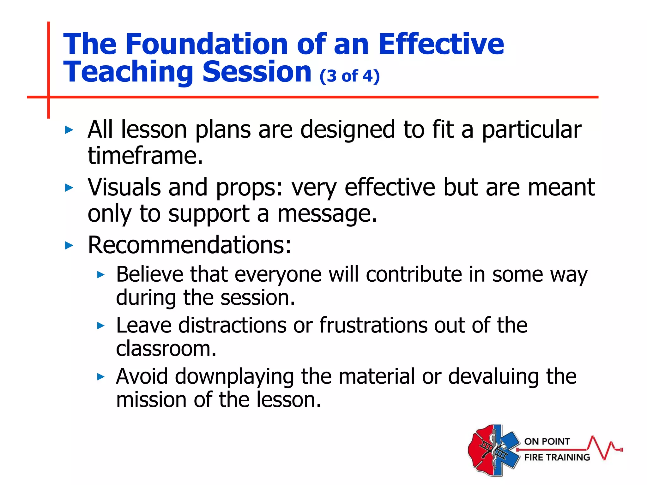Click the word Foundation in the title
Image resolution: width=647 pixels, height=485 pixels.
pyautogui.click(x=207, y=44)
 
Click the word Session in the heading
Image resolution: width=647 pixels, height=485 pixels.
pyautogui.click(x=257, y=72)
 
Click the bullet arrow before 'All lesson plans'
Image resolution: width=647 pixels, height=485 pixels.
pyautogui.click(x=69, y=130)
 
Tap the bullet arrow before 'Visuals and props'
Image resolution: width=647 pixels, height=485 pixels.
pyautogui.click(x=69, y=188)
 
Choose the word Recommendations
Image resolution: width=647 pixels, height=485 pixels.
pyautogui.click(x=189, y=245)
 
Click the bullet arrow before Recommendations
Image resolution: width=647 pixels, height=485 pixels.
pyautogui.click(x=69, y=245)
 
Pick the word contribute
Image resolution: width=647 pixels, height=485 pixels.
pyautogui.click(x=414, y=274)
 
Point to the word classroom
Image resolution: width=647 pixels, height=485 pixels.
pyautogui.click(x=166, y=349)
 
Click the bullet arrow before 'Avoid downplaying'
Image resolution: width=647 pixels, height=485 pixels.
pyautogui.click(x=100, y=376)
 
